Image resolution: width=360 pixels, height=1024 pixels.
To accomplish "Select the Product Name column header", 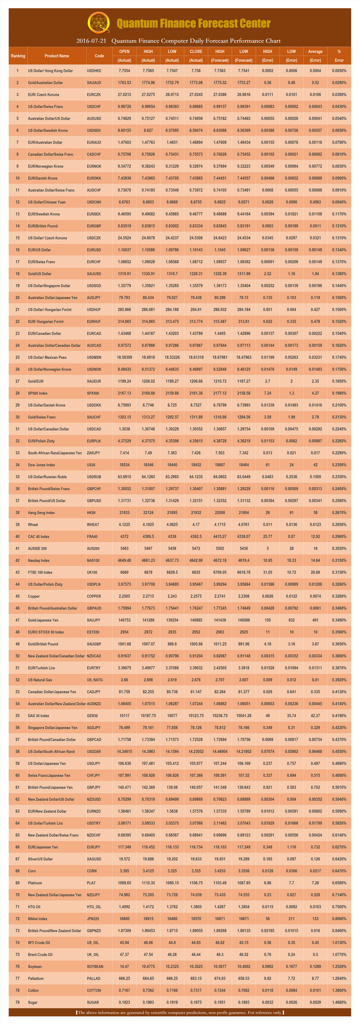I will coord(57,56).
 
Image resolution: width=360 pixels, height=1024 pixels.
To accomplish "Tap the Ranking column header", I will coord(18,56).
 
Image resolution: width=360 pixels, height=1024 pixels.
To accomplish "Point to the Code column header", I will coord(99,56).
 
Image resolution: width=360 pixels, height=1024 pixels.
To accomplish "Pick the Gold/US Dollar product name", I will coord(40,274).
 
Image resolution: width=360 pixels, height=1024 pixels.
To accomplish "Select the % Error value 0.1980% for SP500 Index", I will coord(339,393).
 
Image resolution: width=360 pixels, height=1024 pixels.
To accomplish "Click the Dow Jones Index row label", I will coord(41,465).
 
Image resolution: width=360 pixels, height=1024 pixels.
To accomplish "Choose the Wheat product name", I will coord(33,525).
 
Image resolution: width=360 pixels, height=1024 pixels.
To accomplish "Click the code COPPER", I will coord(94,596).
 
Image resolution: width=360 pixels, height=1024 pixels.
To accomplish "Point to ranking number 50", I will coord(18,656).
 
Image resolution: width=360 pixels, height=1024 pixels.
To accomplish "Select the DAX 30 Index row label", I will coord(39,716).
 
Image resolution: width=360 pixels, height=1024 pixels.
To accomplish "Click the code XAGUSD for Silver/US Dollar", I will coord(94,859).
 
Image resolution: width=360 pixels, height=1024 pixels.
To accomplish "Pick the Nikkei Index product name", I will coord(37,919).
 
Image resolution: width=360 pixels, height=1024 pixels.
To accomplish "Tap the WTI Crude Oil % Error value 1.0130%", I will coord(339,943).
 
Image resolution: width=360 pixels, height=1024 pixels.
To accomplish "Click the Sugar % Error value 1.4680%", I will coord(339,1002).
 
